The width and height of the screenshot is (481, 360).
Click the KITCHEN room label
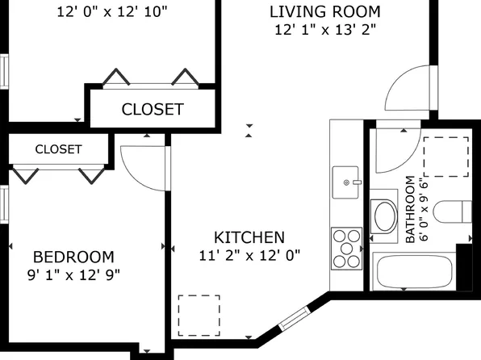click(x=249, y=237)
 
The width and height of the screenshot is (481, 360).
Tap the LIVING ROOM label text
click(x=325, y=11)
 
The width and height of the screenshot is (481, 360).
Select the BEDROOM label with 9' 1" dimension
click(x=73, y=257)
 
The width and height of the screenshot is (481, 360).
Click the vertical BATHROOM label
click(x=410, y=209)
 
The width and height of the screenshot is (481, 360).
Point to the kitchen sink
click(x=345, y=182)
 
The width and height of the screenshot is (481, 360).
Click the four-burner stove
click(x=347, y=249)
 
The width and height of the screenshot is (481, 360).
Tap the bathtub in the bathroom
click(x=415, y=272)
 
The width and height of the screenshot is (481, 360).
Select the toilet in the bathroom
click(x=452, y=211)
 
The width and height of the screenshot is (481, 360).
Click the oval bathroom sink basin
click(x=384, y=216)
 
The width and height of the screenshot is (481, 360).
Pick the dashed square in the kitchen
click(x=199, y=316)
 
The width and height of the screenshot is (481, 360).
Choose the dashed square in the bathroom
click(x=446, y=157)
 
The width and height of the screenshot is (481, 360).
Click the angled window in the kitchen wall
click(x=295, y=318)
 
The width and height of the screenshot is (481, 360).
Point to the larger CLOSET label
click(x=153, y=109)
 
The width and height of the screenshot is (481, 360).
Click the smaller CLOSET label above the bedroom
click(x=58, y=149)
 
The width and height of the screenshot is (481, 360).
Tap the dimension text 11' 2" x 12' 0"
click(x=249, y=255)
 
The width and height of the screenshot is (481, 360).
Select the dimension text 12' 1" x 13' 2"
click(x=325, y=30)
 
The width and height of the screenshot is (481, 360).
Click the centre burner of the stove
click(x=347, y=249)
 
